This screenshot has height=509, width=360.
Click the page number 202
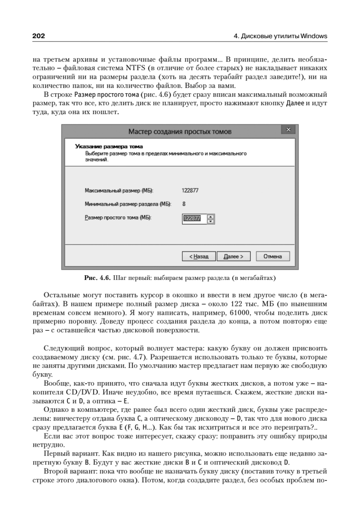pos(39,36)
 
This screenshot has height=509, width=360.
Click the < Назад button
pos(199,257)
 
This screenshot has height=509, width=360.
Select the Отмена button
pos(272,257)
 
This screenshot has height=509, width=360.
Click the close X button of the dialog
pos(288,129)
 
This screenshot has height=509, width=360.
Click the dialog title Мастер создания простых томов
pos(180,131)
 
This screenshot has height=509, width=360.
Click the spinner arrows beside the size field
pos(211,218)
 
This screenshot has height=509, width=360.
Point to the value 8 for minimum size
pos(184,204)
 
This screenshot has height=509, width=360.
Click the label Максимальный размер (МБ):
pos(119,190)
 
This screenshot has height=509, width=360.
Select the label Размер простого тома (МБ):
pos(118,218)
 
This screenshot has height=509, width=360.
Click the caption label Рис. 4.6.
pos(97,278)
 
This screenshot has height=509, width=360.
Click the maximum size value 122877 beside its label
pos(190,190)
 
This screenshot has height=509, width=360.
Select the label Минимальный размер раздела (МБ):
pos(128,204)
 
